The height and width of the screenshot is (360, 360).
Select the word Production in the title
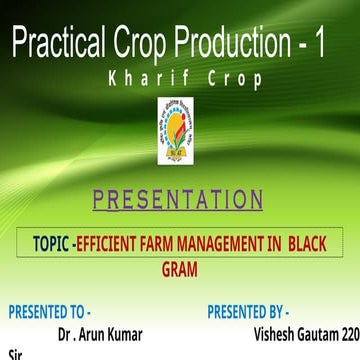[239, 44]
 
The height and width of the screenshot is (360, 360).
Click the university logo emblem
[179, 133]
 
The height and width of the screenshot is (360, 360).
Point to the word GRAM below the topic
[180, 269]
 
